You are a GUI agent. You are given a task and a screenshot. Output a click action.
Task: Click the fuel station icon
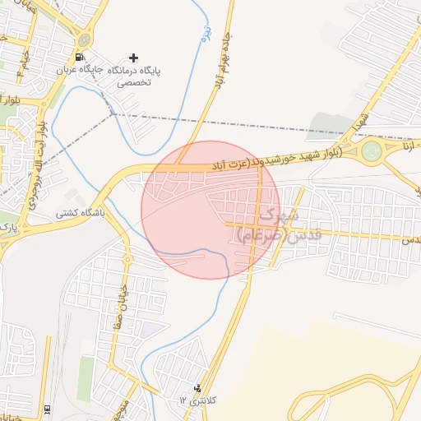click(x=79, y=58)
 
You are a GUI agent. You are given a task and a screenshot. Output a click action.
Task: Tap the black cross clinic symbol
click(x=134, y=58)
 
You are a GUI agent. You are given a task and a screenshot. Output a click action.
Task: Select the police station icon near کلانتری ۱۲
click(x=197, y=387)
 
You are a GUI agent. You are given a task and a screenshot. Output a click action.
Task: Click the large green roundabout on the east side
click(x=372, y=150)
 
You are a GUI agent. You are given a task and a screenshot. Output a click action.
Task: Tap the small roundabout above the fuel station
click(x=84, y=39)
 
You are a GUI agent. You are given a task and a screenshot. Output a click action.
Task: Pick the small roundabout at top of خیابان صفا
click(x=127, y=260)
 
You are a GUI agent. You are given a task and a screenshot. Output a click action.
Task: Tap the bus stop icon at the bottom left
click(x=48, y=409)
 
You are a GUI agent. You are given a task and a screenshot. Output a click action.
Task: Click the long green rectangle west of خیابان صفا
click(x=86, y=378)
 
